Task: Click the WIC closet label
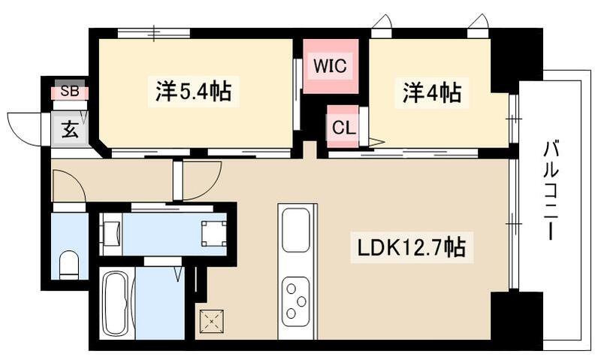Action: click(330, 66)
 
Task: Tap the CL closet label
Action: click(343, 127)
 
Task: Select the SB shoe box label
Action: click(69, 92)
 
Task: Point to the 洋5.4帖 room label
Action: click(193, 92)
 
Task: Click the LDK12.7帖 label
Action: click(409, 246)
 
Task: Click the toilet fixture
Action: click(69, 263)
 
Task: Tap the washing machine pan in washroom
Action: click(213, 233)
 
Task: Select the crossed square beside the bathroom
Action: click(211, 322)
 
